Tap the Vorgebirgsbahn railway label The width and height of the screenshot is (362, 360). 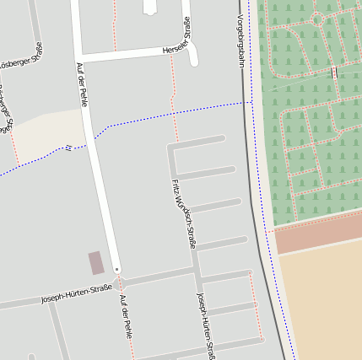pos(240,40)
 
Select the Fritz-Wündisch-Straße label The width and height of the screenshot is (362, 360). pos(183,213)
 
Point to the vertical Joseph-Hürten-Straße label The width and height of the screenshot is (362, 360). pos(206,325)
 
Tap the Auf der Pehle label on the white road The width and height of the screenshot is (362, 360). pos(82,84)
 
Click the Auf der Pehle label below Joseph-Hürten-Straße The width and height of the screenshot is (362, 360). pos(126,317)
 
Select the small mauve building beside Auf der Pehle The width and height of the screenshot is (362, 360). pos(96,263)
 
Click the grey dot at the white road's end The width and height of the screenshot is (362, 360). pos(116,270)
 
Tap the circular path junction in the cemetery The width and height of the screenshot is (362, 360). pos(318,17)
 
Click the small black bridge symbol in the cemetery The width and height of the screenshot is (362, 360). pos(334,73)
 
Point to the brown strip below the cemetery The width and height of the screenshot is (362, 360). pos(317,232)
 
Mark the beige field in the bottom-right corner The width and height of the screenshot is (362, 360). pos(325,304)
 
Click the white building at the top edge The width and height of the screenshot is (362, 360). pos(151,7)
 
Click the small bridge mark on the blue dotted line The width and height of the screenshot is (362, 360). pos(68,148)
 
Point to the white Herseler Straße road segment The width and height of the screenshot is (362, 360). pos(135,55)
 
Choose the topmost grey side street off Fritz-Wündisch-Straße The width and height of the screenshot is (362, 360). pos(199,141)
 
